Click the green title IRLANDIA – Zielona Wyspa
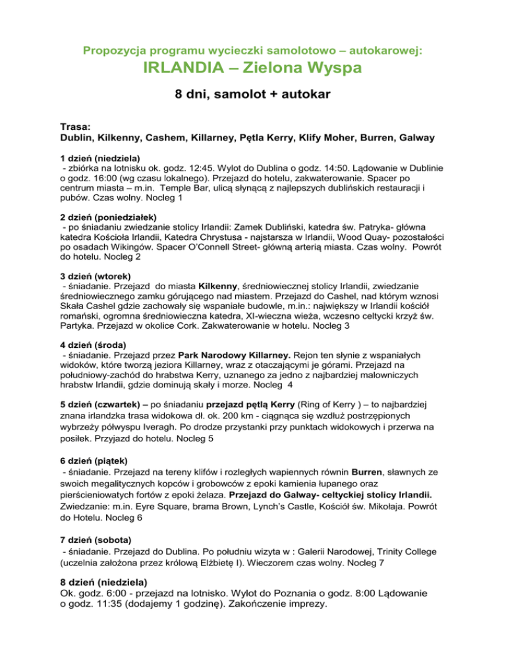click(x=253, y=69)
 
